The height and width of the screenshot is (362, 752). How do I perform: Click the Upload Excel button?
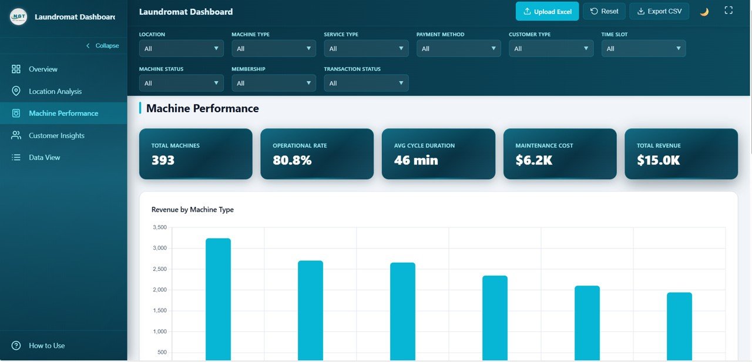coord(547,11)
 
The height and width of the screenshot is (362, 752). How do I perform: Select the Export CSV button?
coord(659,11)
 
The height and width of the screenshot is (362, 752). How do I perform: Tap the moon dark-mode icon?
coord(704,12)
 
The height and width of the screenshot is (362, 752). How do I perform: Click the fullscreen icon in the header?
coord(728,11)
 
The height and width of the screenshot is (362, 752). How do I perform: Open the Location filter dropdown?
coord(181,49)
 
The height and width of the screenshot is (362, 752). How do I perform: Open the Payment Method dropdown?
coord(458,49)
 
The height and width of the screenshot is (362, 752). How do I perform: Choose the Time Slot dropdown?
coord(643,49)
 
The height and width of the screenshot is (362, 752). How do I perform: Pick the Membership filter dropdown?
coord(273,83)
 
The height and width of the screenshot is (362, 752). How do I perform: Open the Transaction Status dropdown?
coord(366,83)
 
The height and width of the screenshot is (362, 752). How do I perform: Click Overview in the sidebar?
coord(43,69)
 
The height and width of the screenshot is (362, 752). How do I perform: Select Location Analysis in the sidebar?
coord(55,92)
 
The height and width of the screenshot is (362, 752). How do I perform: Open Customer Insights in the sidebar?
coord(56,136)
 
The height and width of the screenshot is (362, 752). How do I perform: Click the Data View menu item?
coord(44,157)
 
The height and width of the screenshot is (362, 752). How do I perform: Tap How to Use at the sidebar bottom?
coord(46,346)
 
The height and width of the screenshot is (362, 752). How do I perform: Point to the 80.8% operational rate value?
coord(292,160)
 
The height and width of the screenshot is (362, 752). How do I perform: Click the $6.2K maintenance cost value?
coord(533,160)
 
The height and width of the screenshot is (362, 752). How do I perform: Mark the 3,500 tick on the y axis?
coord(159,227)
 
